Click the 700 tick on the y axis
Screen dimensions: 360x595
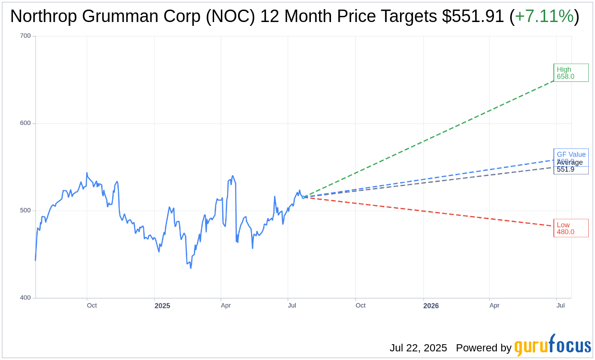click(x=25, y=36)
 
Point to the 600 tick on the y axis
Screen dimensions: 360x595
click(x=25, y=123)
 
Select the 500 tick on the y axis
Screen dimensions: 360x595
click(x=25, y=211)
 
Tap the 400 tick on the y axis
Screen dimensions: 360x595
click(x=25, y=298)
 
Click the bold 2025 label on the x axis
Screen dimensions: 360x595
click(x=162, y=305)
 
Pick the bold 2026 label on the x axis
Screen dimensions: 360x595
click(x=431, y=305)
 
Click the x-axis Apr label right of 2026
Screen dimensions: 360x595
click(x=494, y=305)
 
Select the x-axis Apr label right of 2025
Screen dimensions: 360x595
click(x=226, y=305)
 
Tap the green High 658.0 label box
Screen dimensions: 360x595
click(x=571, y=73)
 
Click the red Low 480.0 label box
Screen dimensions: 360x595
click(x=571, y=228)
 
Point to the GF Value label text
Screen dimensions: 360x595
click(x=571, y=154)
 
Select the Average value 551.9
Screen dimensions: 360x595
click(x=565, y=169)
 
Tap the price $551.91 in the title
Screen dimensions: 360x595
click(x=473, y=16)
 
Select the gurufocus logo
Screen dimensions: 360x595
click(x=552, y=345)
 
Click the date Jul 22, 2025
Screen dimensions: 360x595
click(x=418, y=348)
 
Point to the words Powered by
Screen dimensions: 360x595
click(x=483, y=348)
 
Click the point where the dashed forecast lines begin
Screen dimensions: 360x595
click(x=303, y=197)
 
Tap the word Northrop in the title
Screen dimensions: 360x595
click(x=43, y=16)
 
